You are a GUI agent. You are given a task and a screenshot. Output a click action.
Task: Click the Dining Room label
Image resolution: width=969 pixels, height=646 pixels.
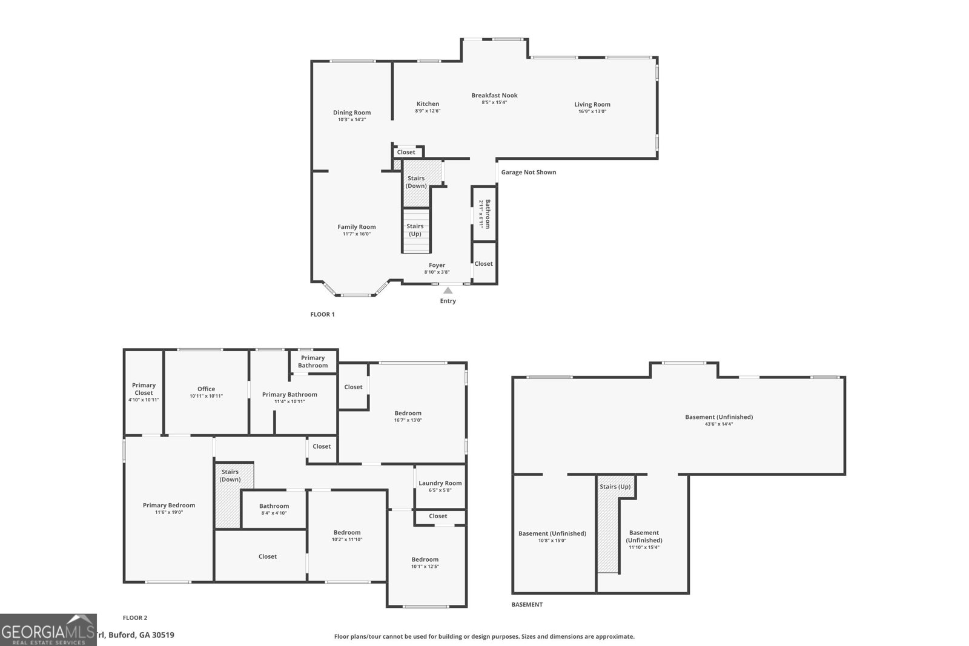pos(352,113)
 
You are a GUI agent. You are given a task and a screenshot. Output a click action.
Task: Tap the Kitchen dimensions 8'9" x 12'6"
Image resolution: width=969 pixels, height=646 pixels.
pos(428,111)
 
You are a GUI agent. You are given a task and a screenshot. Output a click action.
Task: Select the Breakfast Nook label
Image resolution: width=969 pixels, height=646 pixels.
pos(494,95)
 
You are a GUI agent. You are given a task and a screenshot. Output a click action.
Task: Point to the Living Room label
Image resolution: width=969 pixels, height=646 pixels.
pos(592,104)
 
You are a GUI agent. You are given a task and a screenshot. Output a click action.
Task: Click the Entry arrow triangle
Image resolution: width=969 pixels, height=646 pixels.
pos(448,291)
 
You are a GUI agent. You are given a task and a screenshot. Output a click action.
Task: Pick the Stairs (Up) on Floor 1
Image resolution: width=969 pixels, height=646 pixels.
pos(415,230)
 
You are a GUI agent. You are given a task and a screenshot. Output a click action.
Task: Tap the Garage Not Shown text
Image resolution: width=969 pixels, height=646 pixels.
pos(528,173)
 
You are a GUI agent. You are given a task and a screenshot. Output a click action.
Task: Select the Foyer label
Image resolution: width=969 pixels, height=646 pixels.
pos(437,265)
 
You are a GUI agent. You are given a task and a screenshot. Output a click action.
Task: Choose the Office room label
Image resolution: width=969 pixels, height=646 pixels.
pos(206,389)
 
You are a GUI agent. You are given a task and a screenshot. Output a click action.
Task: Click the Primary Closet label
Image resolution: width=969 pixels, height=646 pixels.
pos(144,389)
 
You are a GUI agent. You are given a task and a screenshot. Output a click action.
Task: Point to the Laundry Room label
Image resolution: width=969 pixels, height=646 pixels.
pos(440,483)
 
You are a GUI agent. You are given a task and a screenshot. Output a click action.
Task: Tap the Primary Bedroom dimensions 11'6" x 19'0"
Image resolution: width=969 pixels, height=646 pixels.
pos(169,513)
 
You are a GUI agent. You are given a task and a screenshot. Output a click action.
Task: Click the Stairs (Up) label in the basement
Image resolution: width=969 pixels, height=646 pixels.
pos(615,487)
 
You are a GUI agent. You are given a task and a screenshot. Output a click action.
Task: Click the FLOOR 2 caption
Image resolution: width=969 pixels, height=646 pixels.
pos(135,618)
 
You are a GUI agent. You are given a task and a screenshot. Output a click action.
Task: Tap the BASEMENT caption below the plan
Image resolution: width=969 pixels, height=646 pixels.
pos(527,605)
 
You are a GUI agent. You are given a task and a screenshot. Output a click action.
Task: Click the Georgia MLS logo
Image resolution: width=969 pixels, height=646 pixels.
pos(48,630)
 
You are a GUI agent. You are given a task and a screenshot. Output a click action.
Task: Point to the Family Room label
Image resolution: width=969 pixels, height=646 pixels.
pos(357,227)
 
